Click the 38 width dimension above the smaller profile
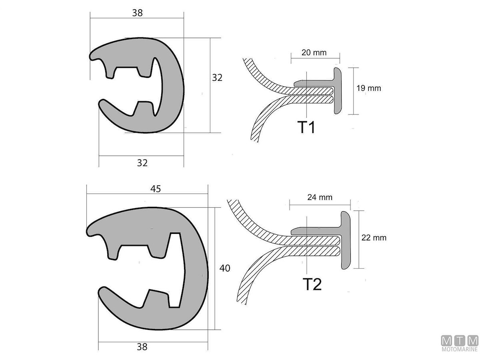pos(137,13)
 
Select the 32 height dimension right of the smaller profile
pos(217,78)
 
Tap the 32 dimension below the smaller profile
pos(142,163)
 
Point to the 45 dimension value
pos(156,189)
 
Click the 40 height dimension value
pos(225,268)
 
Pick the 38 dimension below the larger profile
pos(142,347)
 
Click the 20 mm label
pos(314,52)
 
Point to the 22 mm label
pos(374,238)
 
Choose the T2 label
pos(312,284)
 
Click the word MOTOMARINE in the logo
pos(460,350)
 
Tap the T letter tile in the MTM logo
pos(460,341)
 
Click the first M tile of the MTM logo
pos(447,341)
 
